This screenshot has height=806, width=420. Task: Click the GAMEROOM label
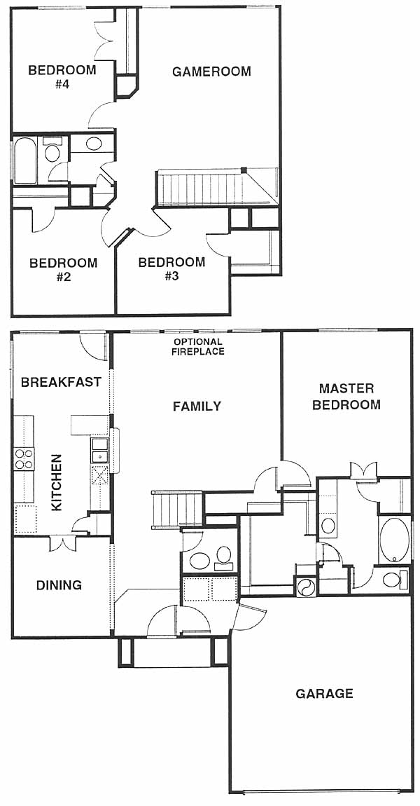point(211,71)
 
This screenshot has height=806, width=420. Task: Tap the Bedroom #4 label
point(62,77)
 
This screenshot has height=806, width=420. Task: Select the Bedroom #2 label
point(63,270)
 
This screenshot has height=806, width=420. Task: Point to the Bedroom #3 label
point(171,269)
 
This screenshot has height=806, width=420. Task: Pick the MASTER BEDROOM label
point(346,396)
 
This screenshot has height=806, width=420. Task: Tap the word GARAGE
point(325,693)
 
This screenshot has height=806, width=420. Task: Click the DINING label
point(59,585)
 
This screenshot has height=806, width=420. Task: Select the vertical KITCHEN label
point(57,482)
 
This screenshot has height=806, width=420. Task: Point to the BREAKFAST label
point(61,382)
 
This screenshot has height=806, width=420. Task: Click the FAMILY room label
point(197,406)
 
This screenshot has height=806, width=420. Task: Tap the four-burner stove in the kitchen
point(24,458)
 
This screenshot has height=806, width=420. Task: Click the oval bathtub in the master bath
point(394,540)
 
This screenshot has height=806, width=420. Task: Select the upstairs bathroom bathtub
point(24,159)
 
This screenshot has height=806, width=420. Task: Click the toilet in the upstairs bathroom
point(52,149)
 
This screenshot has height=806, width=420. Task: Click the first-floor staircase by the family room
point(177,509)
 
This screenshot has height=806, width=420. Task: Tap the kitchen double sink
point(99,450)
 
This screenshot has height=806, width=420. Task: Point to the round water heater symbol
point(305,586)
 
